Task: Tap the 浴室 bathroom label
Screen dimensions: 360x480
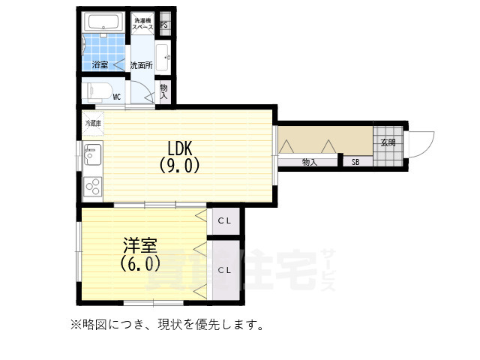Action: click(x=100, y=65)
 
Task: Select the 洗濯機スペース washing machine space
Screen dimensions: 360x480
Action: click(x=143, y=23)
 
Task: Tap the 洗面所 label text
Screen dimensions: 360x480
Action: click(x=141, y=65)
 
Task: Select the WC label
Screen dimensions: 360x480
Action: click(x=117, y=97)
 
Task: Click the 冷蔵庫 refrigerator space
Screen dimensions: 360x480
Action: click(x=93, y=121)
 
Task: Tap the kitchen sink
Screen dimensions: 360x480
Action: click(x=92, y=154)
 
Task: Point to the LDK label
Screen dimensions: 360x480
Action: click(x=180, y=148)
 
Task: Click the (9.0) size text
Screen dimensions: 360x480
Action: click(x=180, y=165)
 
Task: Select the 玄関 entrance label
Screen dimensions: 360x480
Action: click(x=388, y=142)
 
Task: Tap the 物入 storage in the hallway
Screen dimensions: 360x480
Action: click(x=310, y=162)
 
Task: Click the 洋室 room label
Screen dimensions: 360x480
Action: click(x=140, y=246)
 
